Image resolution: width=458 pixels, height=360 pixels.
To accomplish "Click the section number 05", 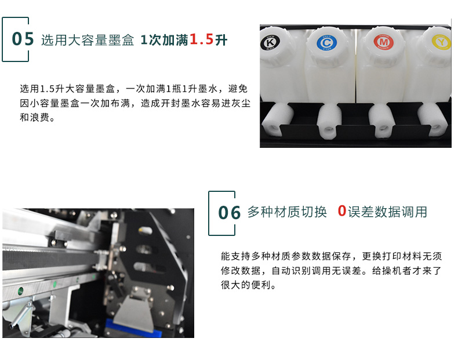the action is tap(23, 39).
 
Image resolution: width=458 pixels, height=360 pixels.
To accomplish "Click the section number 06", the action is tap(230, 213).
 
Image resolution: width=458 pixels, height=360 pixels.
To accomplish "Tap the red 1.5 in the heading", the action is tap(202, 39).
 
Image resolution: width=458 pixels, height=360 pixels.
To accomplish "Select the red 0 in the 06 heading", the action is tap(341, 211).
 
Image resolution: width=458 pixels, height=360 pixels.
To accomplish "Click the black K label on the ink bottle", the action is tap(270, 43).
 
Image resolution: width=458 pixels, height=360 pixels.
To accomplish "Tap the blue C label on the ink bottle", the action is tap(326, 43).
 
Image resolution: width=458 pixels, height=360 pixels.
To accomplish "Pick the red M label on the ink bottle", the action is tap(384, 42).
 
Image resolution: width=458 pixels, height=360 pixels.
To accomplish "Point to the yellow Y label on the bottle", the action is tap(441, 42).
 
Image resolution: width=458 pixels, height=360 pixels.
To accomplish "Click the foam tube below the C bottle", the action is tap(329, 121).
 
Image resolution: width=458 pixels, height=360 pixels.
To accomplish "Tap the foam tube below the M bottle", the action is tap(381, 121).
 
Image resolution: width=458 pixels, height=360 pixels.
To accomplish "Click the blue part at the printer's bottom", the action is tap(133, 328).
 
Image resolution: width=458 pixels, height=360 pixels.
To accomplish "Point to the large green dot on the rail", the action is tap(21, 290).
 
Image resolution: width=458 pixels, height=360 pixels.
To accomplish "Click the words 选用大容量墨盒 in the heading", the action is tap(88, 40).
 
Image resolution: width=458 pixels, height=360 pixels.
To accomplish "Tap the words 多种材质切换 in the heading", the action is tap(287, 212).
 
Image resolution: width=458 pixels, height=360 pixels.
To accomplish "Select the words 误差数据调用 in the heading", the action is tap(387, 212).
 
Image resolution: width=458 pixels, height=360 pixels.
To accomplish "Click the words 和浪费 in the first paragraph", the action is tap(34, 117).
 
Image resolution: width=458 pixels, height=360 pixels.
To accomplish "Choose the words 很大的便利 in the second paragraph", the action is tap(246, 285).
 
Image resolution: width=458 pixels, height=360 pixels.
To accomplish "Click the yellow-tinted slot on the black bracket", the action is tap(145, 231).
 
